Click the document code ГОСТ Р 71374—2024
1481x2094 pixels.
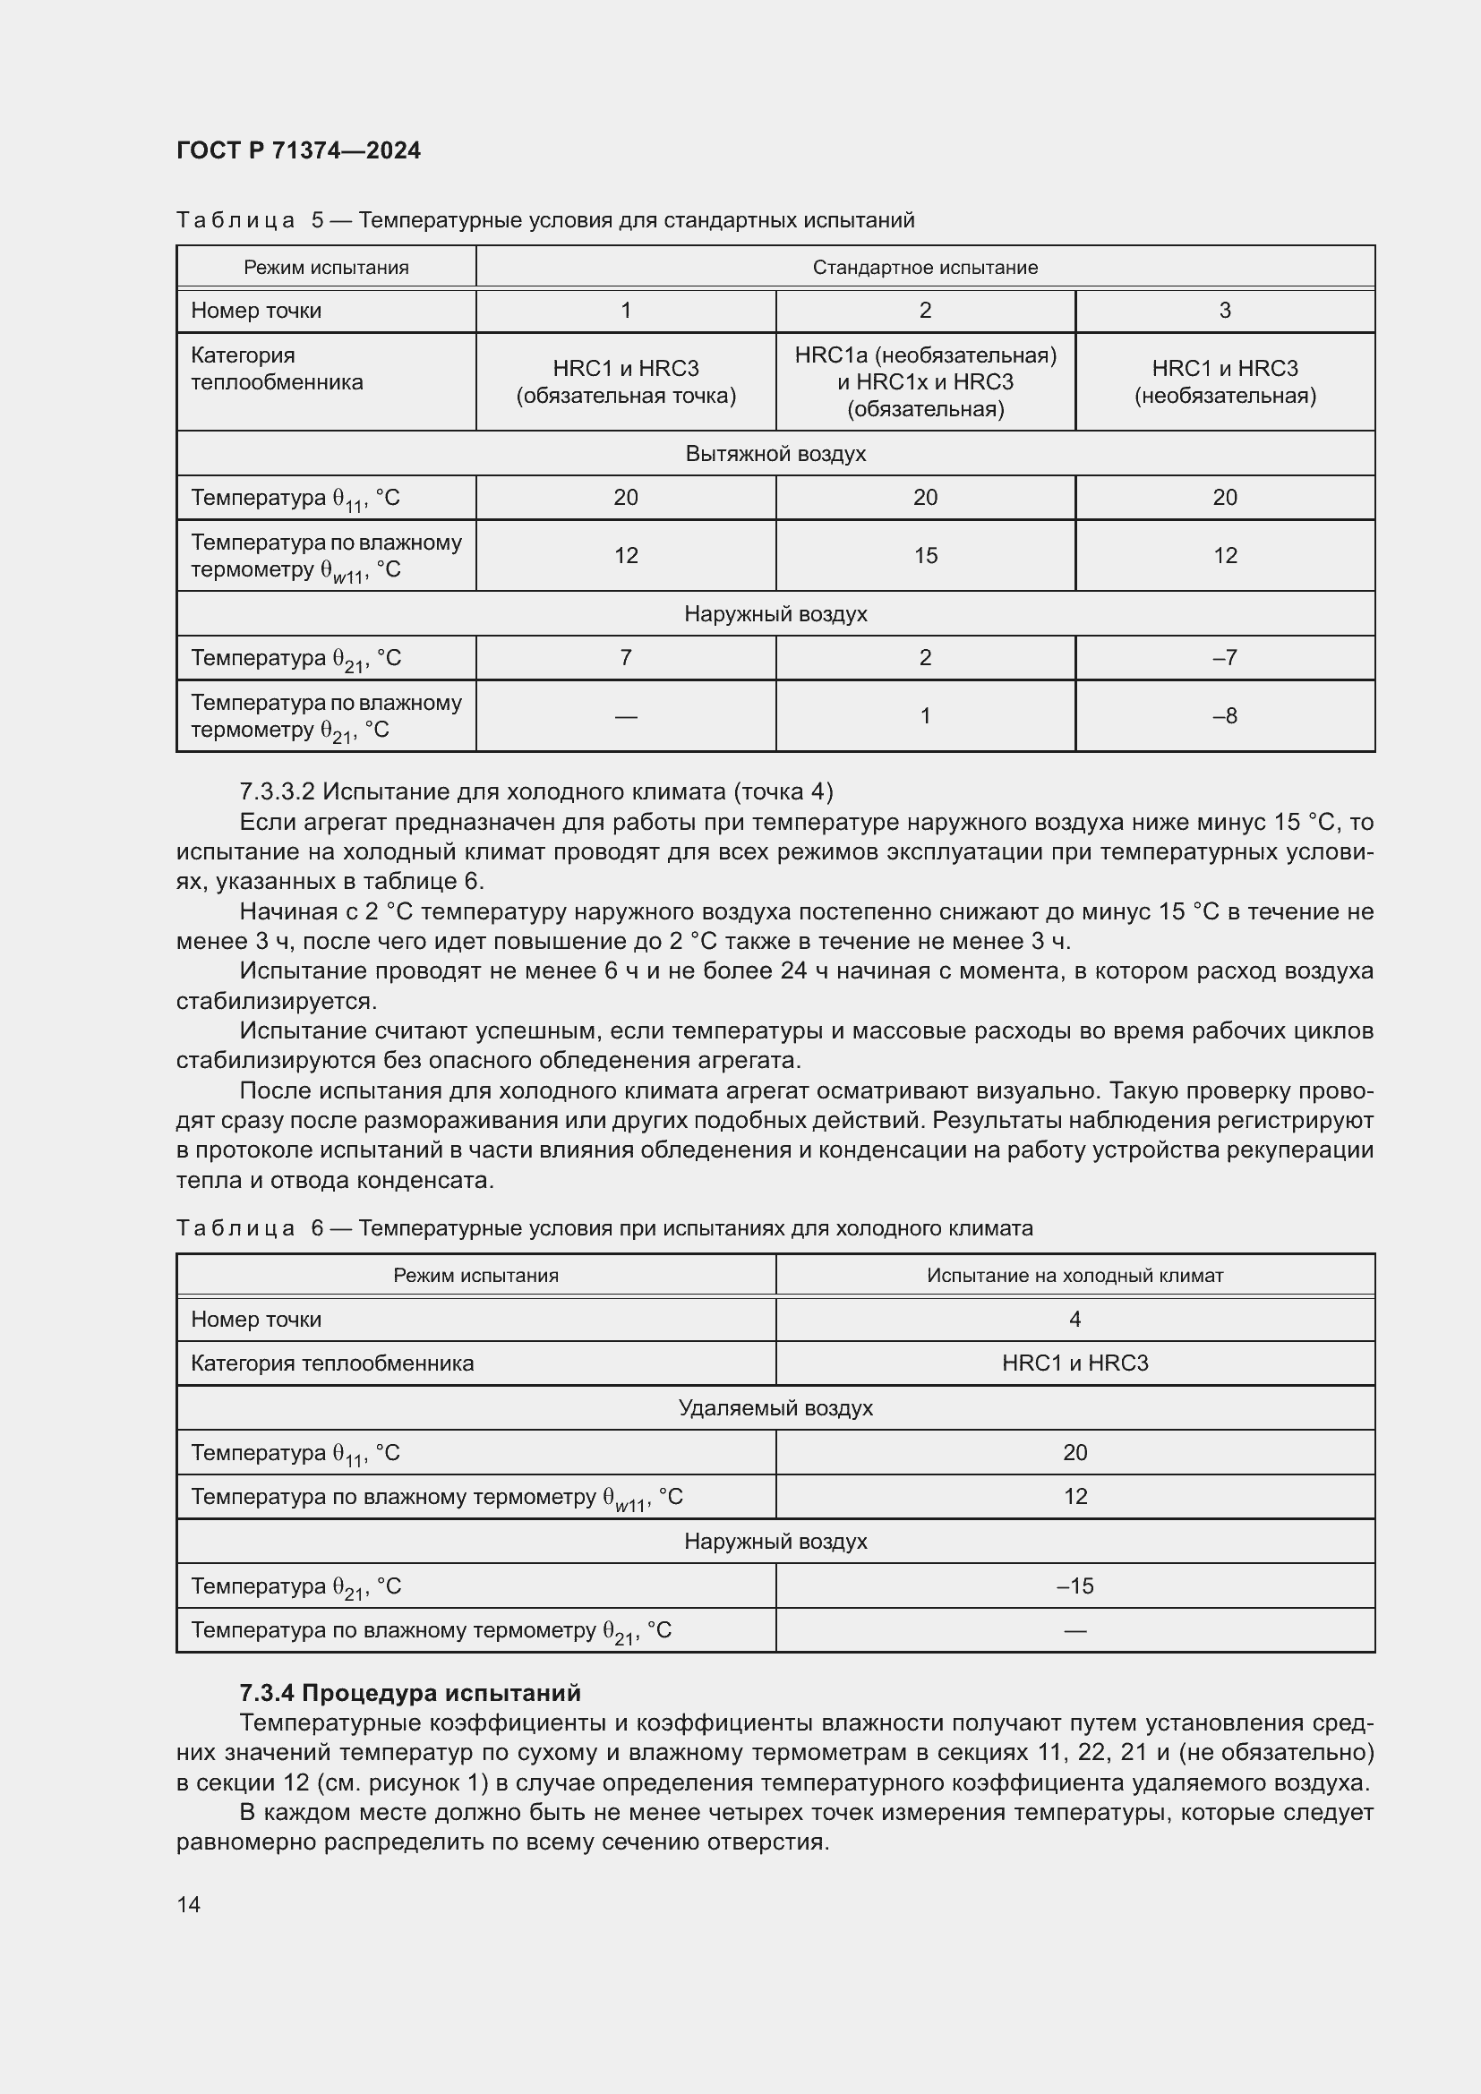(x=298, y=150)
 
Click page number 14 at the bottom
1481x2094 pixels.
(x=189, y=1904)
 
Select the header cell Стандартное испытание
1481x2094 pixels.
(x=925, y=267)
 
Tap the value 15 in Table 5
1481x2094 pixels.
(x=925, y=555)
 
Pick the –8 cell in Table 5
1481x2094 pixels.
(x=1225, y=716)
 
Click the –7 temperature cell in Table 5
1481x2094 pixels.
(x=1225, y=658)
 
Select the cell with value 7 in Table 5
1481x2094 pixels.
(x=626, y=658)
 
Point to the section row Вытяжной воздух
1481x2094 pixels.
(x=775, y=453)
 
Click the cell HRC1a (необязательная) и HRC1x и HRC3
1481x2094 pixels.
(x=925, y=381)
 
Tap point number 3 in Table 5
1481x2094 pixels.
(x=1225, y=310)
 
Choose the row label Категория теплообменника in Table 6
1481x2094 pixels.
(x=332, y=1363)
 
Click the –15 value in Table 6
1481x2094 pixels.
(x=1074, y=1586)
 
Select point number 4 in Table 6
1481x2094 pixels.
(x=1074, y=1319)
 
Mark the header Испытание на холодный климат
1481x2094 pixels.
(x=1074, y=1275)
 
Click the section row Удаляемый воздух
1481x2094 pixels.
(x=775, y=1408)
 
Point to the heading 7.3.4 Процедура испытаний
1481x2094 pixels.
(x=409, y=1693)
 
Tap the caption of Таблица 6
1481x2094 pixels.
(x=604, y=1228)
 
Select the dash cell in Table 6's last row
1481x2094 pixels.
(x=1074, y=1630)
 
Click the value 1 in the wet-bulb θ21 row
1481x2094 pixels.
(x=925, y=716)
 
